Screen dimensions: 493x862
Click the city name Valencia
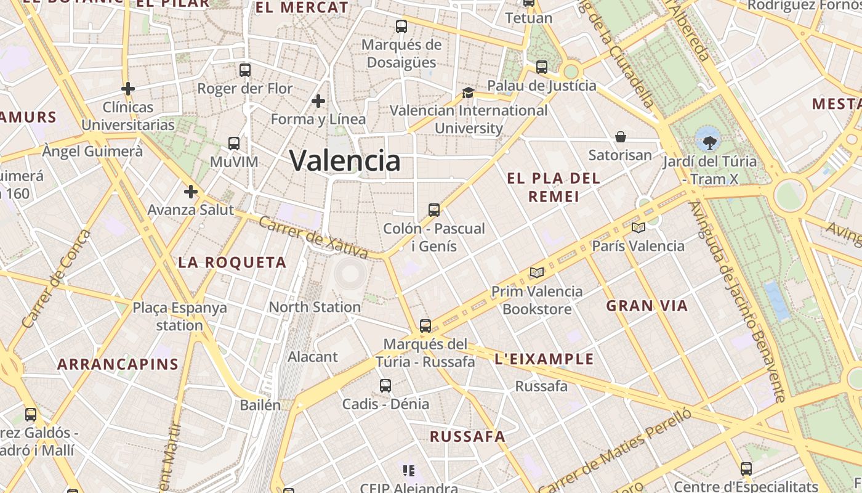coord(345,161)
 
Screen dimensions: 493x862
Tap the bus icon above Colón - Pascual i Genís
coord(434,210)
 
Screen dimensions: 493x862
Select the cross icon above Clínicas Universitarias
coord(128,89)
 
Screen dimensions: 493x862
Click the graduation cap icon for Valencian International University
coord(468,93)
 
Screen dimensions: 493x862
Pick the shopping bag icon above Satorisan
coord(621,137)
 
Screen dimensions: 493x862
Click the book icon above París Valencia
coord(638,228)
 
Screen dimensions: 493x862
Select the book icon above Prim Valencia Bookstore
coord(537,273)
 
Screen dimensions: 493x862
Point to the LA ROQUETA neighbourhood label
coord(232,263)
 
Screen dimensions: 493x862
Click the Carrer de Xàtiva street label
coord(313,237)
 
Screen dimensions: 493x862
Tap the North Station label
coord(315,307)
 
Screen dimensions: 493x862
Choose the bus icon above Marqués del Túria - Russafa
coord(425,326)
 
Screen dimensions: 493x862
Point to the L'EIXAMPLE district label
coord(544,359)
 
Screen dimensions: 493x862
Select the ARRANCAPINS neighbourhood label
coord(118,364)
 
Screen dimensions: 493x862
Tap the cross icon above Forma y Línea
coord(318,101)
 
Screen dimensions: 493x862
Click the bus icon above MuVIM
coord(234,144)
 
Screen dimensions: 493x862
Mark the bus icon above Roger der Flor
coord(245,70)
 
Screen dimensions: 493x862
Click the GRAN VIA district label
coord(647,306)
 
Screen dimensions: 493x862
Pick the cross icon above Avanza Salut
coord(191,192)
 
